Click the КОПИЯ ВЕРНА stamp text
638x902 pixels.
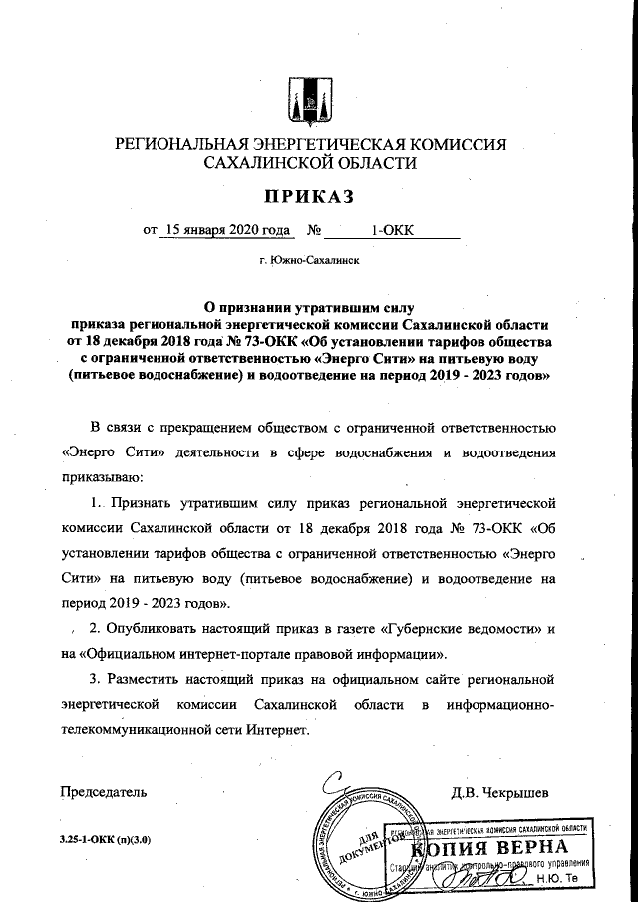[x=501, y=848]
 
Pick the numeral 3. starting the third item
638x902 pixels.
[x=96, y=680]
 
